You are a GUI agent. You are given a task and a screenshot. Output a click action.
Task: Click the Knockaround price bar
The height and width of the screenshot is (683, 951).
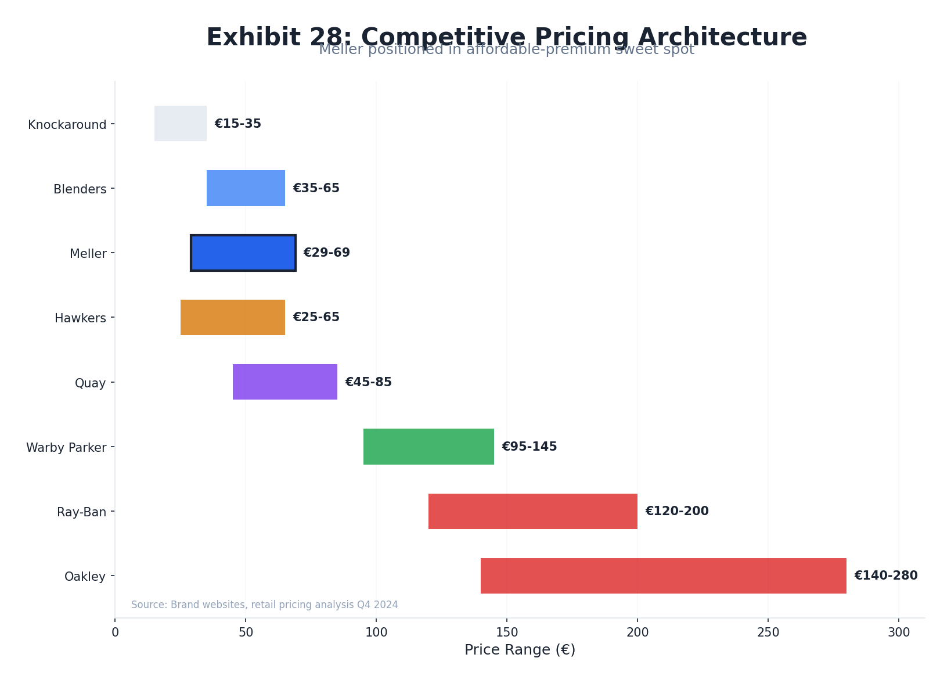point(180,124)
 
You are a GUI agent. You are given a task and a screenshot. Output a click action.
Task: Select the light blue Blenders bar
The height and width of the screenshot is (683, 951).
point(246,188)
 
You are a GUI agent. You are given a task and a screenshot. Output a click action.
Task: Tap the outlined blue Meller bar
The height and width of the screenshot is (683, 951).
point(243,253)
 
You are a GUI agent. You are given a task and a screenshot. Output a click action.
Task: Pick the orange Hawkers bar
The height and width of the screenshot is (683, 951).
point(232,318)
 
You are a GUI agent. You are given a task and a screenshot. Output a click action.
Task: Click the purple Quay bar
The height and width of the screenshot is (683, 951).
point(284,382)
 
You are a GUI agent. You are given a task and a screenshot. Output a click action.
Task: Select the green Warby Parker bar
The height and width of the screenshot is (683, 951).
point(428,447)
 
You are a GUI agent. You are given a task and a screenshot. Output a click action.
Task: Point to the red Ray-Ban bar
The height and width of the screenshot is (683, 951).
point(532,512)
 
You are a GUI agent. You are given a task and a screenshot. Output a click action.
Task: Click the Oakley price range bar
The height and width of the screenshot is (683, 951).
point(663,576)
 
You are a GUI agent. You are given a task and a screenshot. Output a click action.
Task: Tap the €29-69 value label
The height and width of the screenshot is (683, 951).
point(326,253)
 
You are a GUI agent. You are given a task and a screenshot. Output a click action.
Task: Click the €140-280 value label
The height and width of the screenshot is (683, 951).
point(885,576)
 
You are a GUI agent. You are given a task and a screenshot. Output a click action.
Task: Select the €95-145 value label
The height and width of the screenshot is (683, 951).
point(529,447)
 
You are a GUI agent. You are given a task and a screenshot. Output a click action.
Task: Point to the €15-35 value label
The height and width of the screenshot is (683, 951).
point(237,124)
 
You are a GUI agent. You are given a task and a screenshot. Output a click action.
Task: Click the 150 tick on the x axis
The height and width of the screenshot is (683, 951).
point(507,632)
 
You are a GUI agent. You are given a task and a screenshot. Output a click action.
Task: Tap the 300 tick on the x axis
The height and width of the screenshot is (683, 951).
point(899,632)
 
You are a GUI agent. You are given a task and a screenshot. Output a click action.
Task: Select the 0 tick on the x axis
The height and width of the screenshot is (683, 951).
point(115,632)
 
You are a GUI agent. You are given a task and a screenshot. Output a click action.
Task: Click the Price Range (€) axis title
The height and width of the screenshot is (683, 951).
point(520,650)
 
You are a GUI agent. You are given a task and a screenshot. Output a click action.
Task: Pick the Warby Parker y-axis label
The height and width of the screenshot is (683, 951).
point(66,448)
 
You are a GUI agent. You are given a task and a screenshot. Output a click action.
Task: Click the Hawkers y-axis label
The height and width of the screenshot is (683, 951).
point(80,318)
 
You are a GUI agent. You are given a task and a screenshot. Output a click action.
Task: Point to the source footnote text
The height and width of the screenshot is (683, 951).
point(264,605)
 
